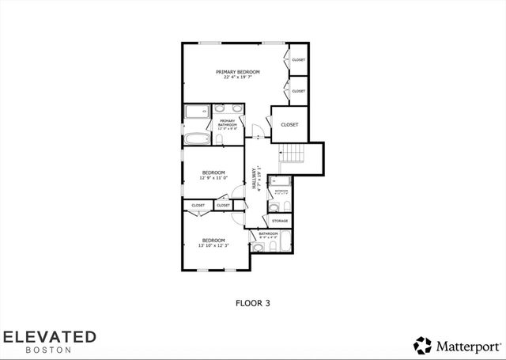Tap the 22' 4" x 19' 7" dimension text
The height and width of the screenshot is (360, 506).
(238, 78)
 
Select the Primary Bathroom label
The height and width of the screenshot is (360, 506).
(228, 123)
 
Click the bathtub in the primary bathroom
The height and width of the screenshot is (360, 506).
(197, 140)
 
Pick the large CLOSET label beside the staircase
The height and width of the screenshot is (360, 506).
(289, 124)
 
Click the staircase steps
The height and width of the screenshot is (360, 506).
(294, 153)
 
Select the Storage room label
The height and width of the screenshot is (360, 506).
(280, 221)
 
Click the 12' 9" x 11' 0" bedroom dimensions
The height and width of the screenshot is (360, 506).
(213, 178)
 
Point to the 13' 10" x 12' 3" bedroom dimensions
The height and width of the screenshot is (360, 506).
(213, 245)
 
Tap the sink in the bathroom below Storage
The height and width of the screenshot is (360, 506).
(258, 248)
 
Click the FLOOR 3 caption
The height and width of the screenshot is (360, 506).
(253, 301)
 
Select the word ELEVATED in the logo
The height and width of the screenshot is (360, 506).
(49, 337)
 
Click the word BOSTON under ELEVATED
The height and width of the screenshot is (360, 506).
(49, 350)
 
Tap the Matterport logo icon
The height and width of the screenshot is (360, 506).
(422, 344)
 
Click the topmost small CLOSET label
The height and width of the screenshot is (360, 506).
(298, 60)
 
